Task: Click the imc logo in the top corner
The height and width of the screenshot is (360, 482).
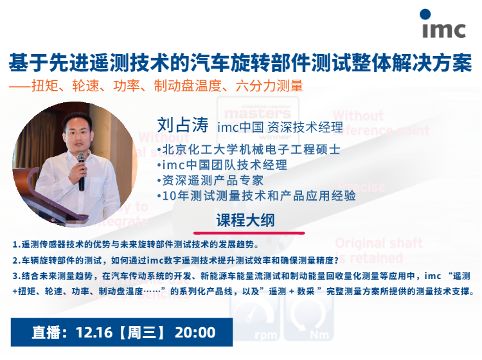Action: tap(443, 24)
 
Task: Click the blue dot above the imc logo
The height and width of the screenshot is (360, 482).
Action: tap(425, 14)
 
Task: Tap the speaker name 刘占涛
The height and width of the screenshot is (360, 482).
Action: tap(183, 125)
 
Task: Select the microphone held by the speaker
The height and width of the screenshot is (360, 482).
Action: tap(81, 171)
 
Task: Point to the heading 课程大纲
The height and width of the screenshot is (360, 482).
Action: tap(245, 220)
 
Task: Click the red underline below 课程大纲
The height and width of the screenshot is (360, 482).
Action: tap(249, 233)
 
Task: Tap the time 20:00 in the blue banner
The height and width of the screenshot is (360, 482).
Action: tap(195, 332)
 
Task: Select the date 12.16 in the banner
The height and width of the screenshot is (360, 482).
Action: tap(94, 332)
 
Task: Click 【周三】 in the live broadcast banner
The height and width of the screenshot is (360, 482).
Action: tap(142, 332)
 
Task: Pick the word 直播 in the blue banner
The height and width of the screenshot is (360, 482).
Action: tap(46, 332)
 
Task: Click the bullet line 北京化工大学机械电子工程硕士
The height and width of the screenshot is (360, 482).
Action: tap(249, 150)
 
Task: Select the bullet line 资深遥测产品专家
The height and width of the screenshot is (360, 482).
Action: tap(210, 181)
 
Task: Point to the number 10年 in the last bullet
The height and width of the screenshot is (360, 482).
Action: tap(175, 196)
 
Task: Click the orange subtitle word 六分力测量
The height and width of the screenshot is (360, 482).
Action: tap(269, 85)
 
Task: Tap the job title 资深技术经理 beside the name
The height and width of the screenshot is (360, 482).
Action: tap(305, 127)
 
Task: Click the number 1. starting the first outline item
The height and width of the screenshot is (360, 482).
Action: tap(17, 245)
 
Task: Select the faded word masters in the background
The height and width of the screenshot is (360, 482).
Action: tap(258, 114)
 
